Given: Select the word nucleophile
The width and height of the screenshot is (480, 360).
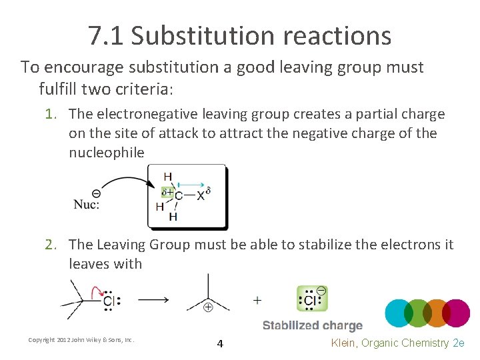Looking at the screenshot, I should pos(106,152).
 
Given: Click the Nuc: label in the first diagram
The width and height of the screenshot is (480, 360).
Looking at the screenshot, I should pos(87,204).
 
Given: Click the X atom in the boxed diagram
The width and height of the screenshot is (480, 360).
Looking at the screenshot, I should pos(201,195).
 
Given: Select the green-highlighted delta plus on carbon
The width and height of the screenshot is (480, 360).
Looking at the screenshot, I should pos(167,192).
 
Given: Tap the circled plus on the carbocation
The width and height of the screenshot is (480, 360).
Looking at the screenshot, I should pos(207,307).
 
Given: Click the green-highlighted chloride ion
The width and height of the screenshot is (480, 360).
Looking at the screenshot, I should pos(311,299).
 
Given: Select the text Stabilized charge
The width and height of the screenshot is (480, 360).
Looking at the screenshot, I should pos(312,326).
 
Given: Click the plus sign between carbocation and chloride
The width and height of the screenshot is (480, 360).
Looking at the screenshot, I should pos(257,300).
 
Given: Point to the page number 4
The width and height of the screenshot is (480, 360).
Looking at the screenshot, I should pos(220,344).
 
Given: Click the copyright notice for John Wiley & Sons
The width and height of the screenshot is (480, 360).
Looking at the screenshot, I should pos(81,340).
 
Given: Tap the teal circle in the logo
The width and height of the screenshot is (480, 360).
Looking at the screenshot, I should pos(401,312).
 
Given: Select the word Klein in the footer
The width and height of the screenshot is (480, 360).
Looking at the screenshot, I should pos(345,343).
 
